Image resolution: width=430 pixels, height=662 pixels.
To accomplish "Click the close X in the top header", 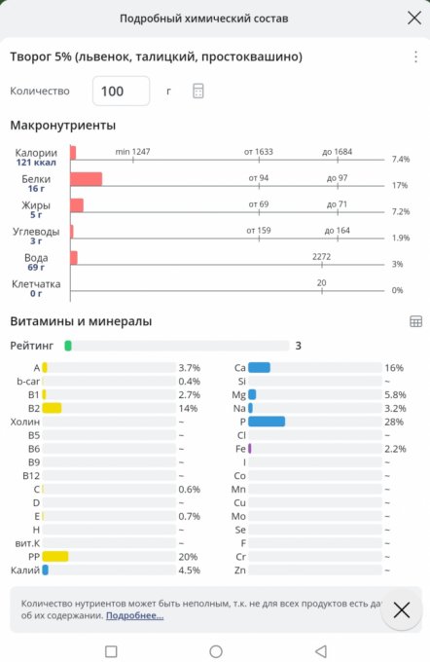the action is click(414, 18).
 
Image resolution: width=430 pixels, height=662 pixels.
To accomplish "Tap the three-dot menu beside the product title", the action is click(415, 56).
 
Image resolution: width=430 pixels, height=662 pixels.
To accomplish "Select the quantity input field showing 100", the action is click(121, 91).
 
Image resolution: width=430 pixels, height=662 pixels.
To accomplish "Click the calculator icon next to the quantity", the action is click(197, 91).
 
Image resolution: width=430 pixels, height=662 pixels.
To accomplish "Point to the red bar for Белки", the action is click(86, 179).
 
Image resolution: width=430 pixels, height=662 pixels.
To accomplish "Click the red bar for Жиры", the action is click(77, 205).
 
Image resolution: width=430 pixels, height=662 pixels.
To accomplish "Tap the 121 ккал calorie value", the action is click(36, 163).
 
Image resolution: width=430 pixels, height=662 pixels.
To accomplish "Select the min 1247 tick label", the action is click(132, 152).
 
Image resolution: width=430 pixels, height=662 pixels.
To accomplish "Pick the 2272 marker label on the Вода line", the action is click(322, 257).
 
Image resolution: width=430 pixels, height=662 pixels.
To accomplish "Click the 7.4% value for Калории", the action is click(401, 159).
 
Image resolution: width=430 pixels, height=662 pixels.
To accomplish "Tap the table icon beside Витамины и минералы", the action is click(415, 321).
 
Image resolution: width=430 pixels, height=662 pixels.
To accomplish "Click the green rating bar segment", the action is click(68, 346).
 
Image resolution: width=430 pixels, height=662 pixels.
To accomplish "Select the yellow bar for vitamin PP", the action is click(55, 557).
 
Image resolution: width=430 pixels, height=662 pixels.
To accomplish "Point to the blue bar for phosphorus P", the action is click(267, 422).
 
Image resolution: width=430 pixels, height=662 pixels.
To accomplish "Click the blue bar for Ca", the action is click(259, 367).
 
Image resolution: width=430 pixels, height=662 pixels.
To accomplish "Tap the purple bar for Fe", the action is click(250, 449).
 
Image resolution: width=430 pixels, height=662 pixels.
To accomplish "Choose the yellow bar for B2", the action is click(52, 408).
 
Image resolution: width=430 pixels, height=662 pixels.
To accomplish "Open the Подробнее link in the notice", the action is click(134, 615).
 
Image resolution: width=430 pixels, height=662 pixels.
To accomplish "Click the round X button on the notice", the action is click(402, 609).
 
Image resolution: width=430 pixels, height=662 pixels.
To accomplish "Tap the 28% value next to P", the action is click(394, 422).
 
